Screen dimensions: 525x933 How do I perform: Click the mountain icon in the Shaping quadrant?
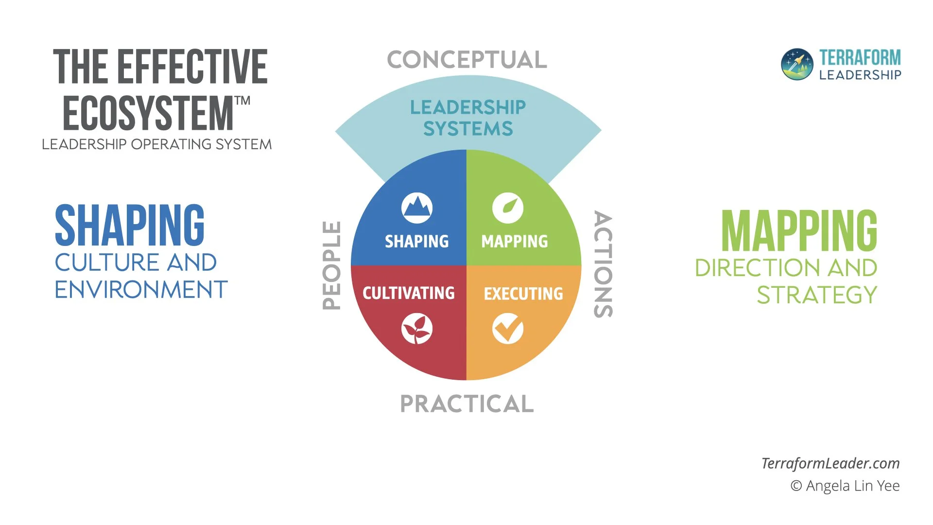coord(417,208)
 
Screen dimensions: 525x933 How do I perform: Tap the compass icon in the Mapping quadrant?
coord(508,208)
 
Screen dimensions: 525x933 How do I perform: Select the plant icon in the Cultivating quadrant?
coord(417,329)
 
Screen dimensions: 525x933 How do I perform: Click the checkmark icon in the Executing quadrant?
coord(508,329)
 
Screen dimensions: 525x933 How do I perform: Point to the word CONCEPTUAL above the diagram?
coord(467,60)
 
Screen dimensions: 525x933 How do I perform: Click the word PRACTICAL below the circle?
coord(467,404)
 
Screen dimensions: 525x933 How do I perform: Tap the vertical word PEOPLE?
coord(332,265)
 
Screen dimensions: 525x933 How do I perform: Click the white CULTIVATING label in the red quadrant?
coord(409,293)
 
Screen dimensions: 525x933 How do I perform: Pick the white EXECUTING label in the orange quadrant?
coord(523,294)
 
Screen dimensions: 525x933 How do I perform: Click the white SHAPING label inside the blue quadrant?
coord(417,242)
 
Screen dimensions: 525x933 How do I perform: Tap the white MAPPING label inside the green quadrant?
coord(515,242)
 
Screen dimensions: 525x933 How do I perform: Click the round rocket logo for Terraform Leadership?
coord(797,64)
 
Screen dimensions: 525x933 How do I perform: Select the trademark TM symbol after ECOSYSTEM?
coord(242,101)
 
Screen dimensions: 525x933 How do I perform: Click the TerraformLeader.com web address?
coord(830,463)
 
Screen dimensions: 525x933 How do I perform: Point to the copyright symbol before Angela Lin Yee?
coord(796,486)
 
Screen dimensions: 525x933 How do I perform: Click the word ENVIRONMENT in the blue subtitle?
coord(141,290)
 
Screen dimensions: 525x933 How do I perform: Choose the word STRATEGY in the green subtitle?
coord(817,295)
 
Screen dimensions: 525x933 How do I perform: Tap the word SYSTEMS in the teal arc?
coord(468,129)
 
